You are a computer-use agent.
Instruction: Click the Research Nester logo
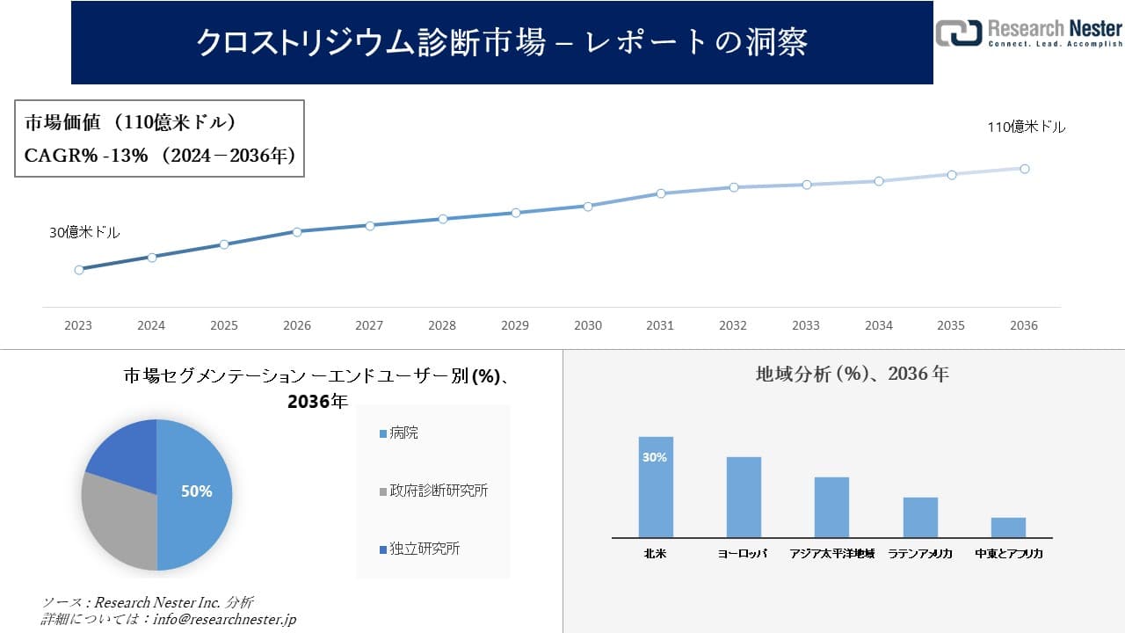pos(1028,33)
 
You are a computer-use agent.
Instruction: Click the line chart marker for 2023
pos(79,270)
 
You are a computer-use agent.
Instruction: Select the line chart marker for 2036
pos(1025,169)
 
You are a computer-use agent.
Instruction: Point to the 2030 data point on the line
pos(588,207)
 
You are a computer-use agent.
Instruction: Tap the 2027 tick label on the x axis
pos(369,325)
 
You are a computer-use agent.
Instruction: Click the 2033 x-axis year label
pos(806,325)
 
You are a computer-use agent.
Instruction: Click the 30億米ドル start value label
pos(84,233)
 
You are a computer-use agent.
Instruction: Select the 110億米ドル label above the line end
pos(1026,127)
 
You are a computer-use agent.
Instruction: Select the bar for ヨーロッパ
pos(744,497)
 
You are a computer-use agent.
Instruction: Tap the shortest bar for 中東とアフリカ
pos(1008,527)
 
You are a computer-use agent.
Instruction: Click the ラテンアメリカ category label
pos(920,554)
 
